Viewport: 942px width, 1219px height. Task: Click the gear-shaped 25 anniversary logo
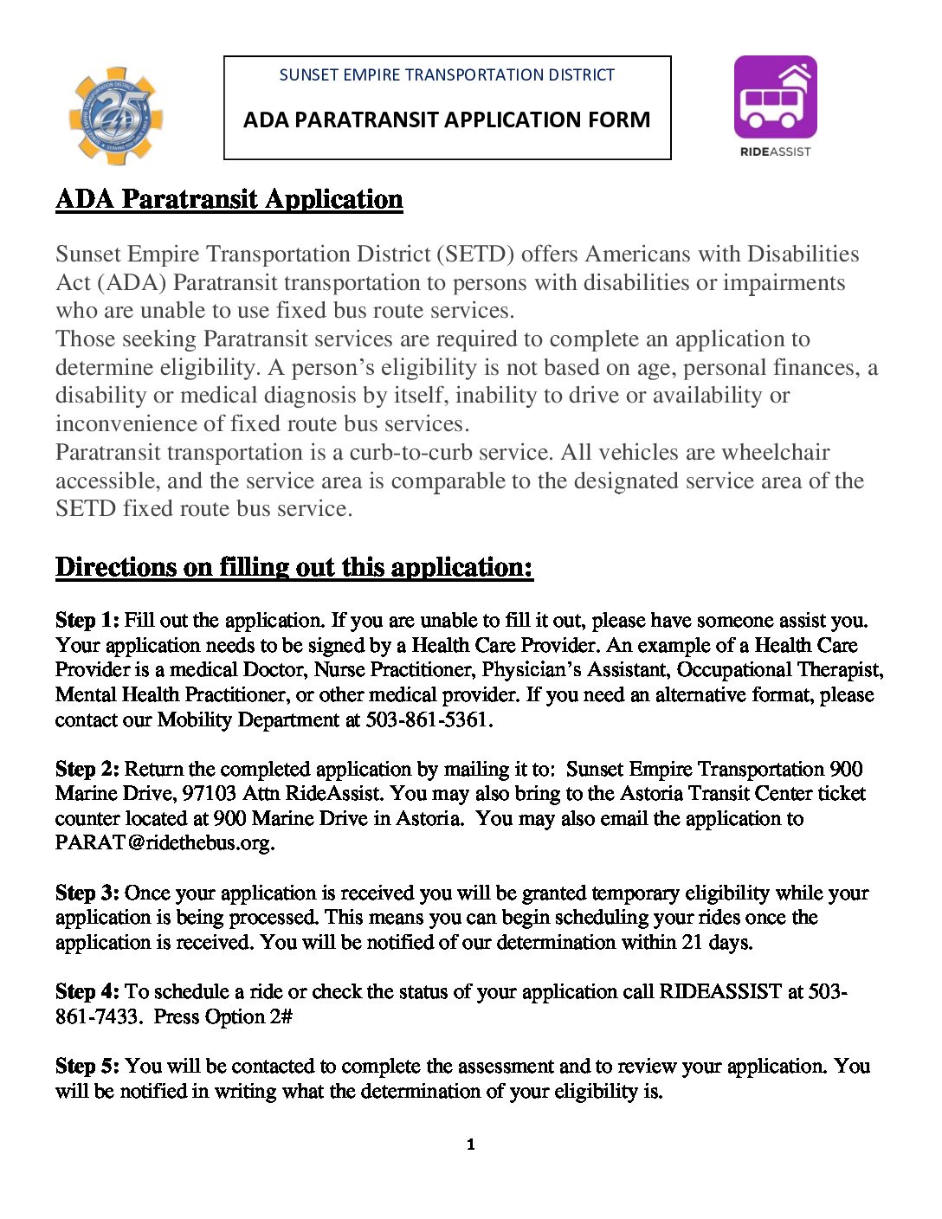(x=115, y=116)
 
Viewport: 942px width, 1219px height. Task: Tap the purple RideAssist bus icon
(x=775, y=97)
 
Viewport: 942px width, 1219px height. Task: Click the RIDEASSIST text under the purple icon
(x=775, y=152)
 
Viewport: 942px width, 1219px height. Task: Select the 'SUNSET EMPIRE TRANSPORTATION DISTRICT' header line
(x=447, y=75)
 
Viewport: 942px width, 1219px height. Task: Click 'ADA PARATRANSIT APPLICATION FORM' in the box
(x=447, y=119)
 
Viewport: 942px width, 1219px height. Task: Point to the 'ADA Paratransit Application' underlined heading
(x=229, y=199)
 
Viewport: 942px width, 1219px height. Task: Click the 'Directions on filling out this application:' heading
(x=294, y=567)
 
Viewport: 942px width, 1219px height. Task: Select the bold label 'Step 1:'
(x=87, y=621)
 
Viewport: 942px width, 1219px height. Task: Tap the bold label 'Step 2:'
(x=87, y=770)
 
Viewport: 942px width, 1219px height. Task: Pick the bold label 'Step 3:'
(x=87, y=893)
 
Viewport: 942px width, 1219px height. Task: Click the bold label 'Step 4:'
(x=87, y=992)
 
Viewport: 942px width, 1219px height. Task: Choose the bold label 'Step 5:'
(x=87, y=1067)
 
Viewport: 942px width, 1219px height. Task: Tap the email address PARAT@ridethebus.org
(x=165, y=843)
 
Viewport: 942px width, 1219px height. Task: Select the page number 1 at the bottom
(x=470, y=1145)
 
